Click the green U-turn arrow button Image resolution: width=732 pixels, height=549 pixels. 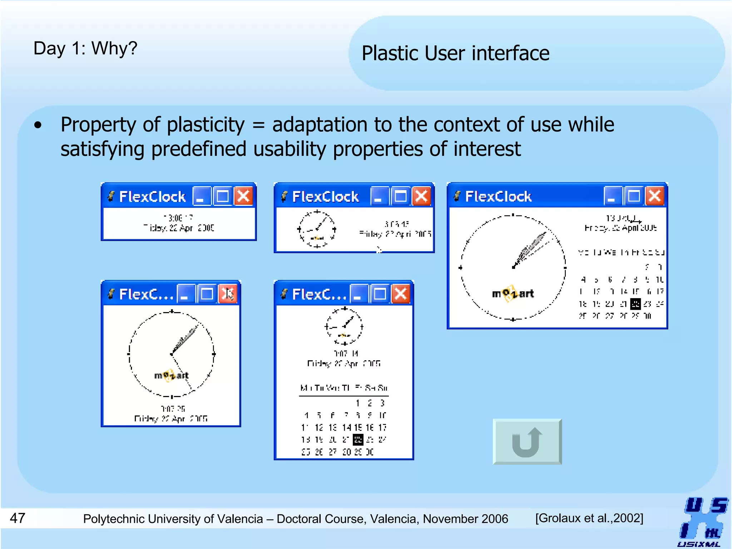click(527, 442)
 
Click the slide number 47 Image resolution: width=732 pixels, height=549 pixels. click(18, 518)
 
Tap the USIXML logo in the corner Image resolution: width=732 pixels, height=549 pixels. click(703, 521)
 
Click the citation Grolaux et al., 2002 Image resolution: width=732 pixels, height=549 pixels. click(589, 518)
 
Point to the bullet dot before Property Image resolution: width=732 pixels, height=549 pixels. click(38, 125)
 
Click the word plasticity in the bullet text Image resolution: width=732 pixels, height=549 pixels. click(206, 125)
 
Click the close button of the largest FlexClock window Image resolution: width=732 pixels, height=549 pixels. click(654, 196)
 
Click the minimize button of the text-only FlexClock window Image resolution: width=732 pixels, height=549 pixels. click(201, 196)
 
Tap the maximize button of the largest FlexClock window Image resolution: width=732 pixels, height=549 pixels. click(633, 196)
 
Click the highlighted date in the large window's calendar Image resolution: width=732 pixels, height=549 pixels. click(635, 304)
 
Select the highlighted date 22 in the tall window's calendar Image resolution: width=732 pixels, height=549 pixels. click(358, 440)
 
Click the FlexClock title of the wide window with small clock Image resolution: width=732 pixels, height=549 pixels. click(325, 197)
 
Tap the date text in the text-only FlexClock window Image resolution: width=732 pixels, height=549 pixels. click(179, 228)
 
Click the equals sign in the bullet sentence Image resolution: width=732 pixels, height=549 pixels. click(258, 125)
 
